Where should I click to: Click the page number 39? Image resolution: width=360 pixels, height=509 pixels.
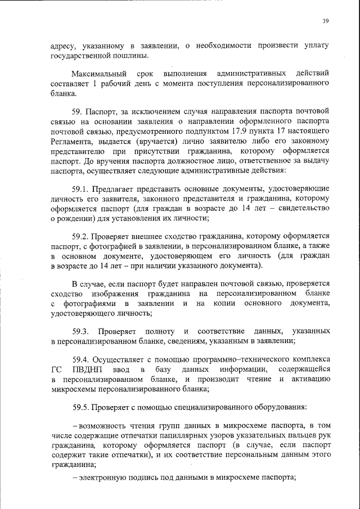coord(326,21)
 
